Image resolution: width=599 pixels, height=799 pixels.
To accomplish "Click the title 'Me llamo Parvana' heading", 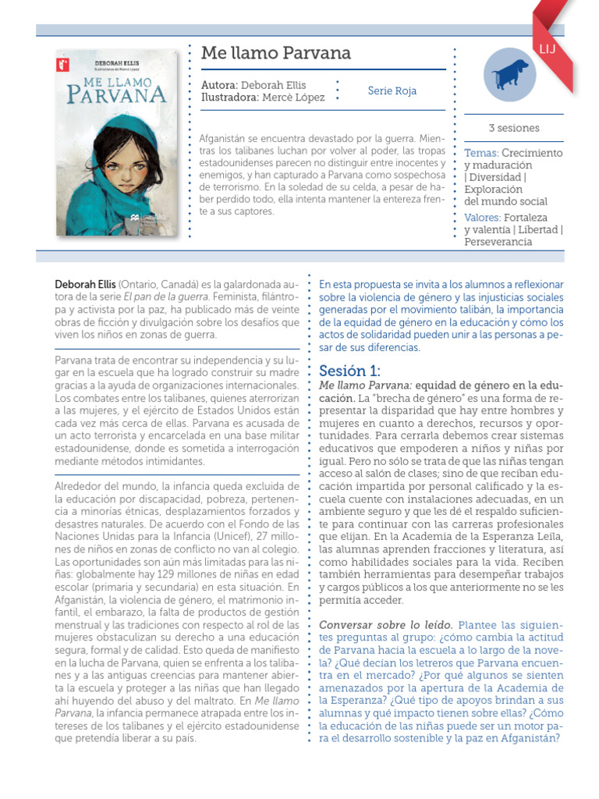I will [x=276, y=53].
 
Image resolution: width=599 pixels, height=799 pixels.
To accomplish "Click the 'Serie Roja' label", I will [x=392, y=91].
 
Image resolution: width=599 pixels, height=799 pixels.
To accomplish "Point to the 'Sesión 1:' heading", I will [x=350, y=370].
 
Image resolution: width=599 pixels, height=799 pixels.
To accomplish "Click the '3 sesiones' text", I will [x=513, y=128].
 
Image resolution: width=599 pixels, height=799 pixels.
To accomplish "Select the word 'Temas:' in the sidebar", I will [x=480, y=153].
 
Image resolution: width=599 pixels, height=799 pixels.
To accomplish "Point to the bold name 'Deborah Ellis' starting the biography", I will [x=86, y=285].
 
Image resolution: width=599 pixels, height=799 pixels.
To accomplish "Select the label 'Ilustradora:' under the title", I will [x=229, y=98].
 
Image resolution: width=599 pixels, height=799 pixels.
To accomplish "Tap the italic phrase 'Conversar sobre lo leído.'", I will [x=386, y=625].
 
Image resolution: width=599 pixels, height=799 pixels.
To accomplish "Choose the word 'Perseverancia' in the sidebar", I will [x=498, y=242].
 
